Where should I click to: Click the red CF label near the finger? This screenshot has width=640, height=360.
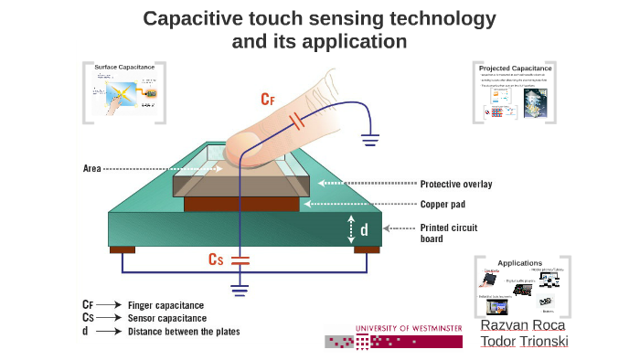coord(268,98)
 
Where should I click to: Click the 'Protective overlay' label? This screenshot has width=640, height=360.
coord(455,184)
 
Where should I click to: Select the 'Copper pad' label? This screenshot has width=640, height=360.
coord(443,205)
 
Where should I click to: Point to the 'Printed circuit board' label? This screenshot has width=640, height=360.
coord(452,233)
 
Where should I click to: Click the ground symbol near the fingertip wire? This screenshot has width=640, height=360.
coord(370,140)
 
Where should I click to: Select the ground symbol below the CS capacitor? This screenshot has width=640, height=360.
coord(240,291)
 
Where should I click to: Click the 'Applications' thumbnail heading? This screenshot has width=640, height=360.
coord(519,263)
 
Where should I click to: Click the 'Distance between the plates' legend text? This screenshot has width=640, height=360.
coord(184,332)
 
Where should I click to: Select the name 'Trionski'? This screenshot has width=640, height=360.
coord(545,342)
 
